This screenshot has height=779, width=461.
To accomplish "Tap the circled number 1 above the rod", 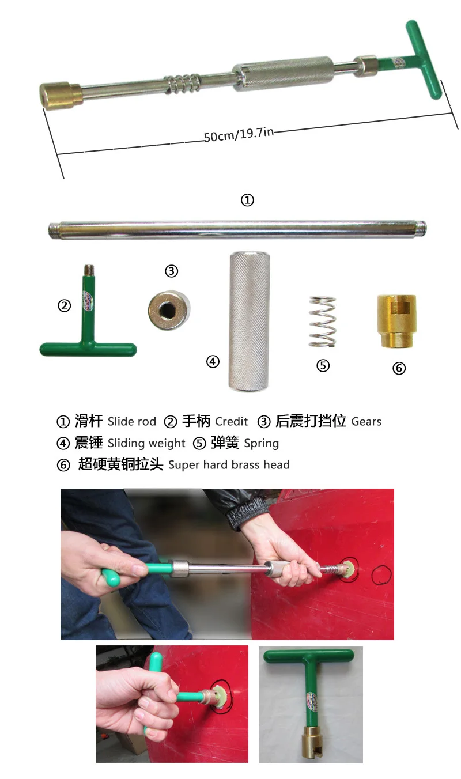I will (x=247, y=200).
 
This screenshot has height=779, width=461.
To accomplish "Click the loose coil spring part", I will (x=323, y=321).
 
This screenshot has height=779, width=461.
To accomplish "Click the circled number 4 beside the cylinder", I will (x=213, y=361).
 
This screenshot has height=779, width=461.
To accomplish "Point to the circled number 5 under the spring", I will (x=323, y=365).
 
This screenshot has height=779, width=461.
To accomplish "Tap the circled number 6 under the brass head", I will (x=399, y=368).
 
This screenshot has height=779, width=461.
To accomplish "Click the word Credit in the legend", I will (x=232, y=421).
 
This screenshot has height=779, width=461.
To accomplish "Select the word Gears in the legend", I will (x=366, y=421).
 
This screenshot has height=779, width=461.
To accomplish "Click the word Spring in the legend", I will (x=262, y=443).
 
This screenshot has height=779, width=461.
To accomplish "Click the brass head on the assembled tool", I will (x=60, y=94).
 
